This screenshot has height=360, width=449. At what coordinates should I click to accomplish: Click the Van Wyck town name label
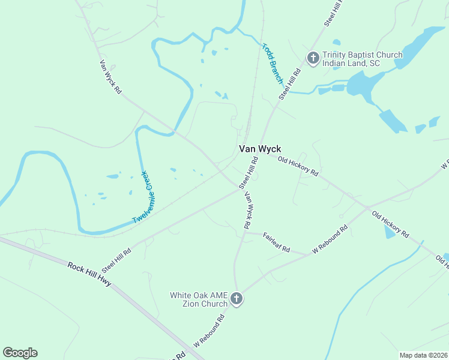click(260, 149)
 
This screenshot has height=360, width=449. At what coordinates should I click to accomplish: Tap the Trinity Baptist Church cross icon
click(313, 58)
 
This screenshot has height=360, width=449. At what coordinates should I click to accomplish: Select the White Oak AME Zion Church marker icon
click(237, 298)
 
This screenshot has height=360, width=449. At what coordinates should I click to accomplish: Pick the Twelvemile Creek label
click(144, 197)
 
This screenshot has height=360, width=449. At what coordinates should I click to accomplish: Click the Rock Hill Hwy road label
click(89, 274)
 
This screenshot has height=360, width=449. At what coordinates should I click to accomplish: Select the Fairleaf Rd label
click(276, 241)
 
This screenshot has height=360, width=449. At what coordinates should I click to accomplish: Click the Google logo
click(20, 353)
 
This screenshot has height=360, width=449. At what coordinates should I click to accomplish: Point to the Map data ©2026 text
click(423, 355)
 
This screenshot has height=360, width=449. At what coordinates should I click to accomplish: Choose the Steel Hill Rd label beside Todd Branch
click(289, 84)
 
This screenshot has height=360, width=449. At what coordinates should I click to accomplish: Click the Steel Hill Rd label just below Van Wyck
click(249, 173)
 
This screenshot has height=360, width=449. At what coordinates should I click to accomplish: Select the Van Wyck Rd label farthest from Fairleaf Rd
click(110, 76)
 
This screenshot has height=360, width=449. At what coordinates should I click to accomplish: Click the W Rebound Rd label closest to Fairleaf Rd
click(330, 239)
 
